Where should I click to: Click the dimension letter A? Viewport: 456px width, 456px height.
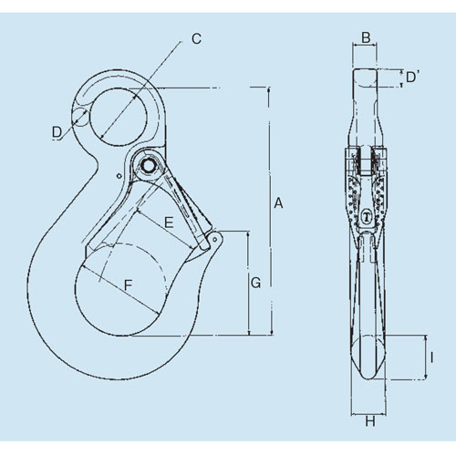[278, 203]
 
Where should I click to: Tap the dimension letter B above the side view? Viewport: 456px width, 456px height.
[366, 37]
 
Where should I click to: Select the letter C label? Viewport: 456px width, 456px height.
[196, 38]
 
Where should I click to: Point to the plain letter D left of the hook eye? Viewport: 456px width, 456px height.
[57, 132]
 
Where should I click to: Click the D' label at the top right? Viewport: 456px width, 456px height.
[413, 77]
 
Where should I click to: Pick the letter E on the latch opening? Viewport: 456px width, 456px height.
[169, 223]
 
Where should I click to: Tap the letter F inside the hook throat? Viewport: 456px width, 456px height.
[128, 285]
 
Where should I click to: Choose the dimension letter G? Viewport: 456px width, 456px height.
[255, 283]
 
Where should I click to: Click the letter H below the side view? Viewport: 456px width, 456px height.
[370, 421]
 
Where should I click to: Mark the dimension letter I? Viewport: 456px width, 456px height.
[431, 358]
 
